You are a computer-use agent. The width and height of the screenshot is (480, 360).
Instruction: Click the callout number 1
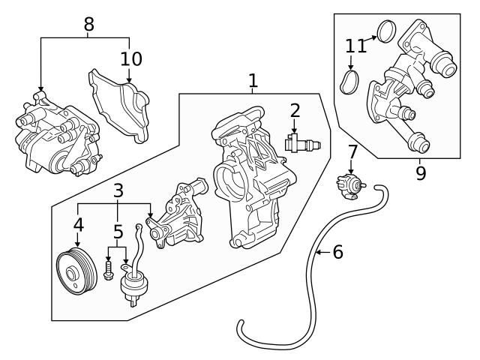coord(253,80)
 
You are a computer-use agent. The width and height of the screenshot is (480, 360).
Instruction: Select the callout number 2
coord(295,111)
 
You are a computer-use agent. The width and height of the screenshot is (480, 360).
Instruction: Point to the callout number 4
coord(78,223)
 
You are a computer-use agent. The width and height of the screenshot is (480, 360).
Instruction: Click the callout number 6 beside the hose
coord(337,252)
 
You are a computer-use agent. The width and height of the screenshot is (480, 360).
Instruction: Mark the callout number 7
coord(352,153)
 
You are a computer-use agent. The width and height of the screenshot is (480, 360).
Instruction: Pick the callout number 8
coord(89,23)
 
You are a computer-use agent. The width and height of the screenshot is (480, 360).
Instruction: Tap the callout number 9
coord(420,174)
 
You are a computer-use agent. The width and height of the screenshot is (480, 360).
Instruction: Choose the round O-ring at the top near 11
coord(386,31)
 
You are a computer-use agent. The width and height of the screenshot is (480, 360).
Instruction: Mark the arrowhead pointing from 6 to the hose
coord(317,253)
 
